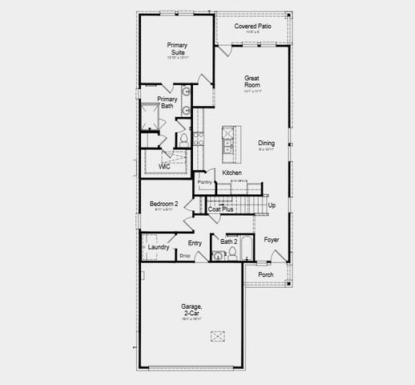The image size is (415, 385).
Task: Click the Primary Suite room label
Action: (x=177, y=49)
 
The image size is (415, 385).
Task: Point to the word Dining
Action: (x=266, y=144)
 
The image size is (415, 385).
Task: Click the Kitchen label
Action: (x=232, y=172)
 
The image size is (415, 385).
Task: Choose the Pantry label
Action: (x=205, y=182)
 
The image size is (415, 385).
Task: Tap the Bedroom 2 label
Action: (x=164, y=205)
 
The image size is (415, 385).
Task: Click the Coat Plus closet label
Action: (x=221, y=209)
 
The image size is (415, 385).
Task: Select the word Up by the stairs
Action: (x=272, y=205)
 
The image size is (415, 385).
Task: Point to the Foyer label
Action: (x=272, y=239)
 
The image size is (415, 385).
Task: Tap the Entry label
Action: (x=195, y=243)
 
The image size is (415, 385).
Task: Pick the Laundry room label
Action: (x=159, y=247)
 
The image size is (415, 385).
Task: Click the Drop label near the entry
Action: (x=184, y=256)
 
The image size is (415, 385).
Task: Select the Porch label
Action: (x=266, y=275)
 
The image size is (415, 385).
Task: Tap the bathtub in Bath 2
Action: (x=247, y=251)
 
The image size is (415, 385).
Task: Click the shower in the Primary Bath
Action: (x=151, y=117)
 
